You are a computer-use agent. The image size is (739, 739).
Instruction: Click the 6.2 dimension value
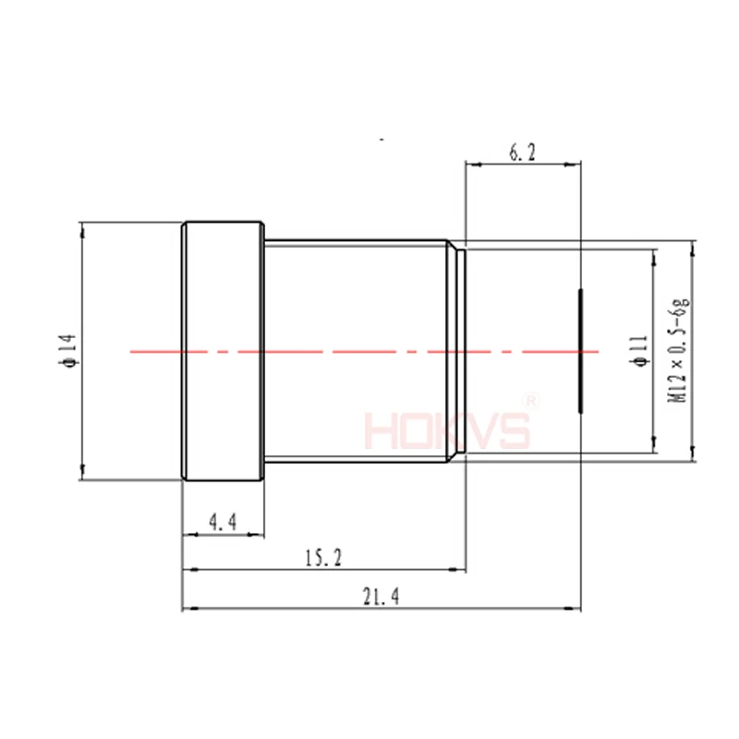[x=522, y=152]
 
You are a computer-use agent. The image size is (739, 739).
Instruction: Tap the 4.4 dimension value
[x=223, y=522]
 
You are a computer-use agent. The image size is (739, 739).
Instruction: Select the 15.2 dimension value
[x=323, y=558]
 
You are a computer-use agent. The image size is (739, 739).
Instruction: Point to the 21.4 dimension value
[x=381, y=596]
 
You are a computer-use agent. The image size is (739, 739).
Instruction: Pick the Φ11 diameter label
[x=639, y=351]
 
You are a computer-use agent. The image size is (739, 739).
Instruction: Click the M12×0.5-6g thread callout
[x=678, y=350]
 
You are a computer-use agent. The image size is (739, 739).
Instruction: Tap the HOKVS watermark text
[x=447, y=430]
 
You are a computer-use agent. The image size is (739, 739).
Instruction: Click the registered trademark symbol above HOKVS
[x=530, y=401]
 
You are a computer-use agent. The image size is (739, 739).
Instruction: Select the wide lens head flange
[x=223, y=351]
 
